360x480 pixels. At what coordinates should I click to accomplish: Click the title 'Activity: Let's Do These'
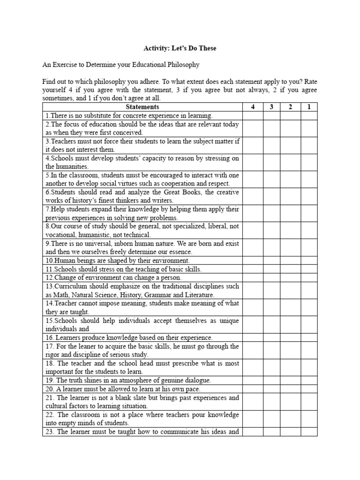[180, 48]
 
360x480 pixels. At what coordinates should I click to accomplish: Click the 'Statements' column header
[142, 107]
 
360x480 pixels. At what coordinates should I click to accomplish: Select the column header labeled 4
[253, 107]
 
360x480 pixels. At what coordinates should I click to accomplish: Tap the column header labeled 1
[309, 107]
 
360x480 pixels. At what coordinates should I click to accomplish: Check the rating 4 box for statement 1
[253, 115]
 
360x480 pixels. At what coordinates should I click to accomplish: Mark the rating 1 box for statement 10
[309, 260]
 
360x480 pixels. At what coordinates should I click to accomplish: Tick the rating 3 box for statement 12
[272, 277]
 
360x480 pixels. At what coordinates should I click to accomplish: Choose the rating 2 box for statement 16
[291, 337]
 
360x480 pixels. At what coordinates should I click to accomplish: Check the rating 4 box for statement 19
[253, 380]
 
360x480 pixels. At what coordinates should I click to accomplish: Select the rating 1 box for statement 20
[309, 389]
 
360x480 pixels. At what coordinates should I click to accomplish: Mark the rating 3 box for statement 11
[272, 269]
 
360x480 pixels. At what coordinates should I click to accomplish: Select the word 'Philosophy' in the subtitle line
[183, 64]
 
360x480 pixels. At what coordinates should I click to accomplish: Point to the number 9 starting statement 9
[47, 244]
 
